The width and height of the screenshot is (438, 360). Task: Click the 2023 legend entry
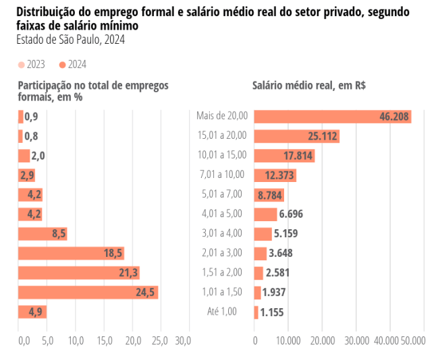pyautogui.click(x=31, y=65)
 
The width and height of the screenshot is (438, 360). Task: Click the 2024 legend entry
pyautogui.click(x=72, y=65)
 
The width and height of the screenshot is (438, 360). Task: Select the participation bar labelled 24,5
pyautogui.click(x=88, y=292)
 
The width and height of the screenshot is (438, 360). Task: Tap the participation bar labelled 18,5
pyautogui.click(x=71, y=253)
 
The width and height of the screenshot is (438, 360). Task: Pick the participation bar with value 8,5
pyautogui.click(x=42, y=233)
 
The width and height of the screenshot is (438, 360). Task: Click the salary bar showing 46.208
pyautogui.click(x=333, y=117)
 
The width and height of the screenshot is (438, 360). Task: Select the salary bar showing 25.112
pyautogui.click(x=296, y=136)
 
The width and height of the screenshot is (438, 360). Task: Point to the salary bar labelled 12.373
pyautogui.click(x=275, y=175)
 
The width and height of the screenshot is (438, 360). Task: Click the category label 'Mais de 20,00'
pyautogui.click(x=222, y=116)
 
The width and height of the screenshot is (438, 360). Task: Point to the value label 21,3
pyautogui.click(x=129, y=272)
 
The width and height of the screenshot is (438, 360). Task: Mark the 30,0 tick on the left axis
pyautogui.click(x=182, y=341)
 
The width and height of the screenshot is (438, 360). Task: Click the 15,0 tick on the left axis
pyautogui.click(x=105, y=341)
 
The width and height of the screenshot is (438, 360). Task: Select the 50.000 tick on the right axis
pyautogui.click(x=413, y=341)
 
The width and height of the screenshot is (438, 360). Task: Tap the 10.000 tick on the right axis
pyautogui.click(x=288, y=341)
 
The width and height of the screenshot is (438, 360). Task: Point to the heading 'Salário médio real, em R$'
pyautogui.click(x=309, y=86)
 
